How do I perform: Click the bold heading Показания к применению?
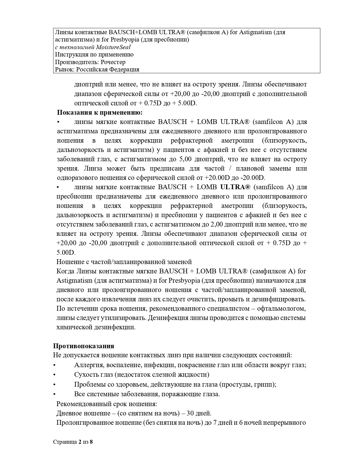pos(100,112)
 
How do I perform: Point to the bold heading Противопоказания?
pos(84,346)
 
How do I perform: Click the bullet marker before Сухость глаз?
pos(54,375)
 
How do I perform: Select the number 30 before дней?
pos(190,413)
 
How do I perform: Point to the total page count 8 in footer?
pos(91,442)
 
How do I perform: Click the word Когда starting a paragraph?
pos(65,271)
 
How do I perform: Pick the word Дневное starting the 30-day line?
pos(69,413)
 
